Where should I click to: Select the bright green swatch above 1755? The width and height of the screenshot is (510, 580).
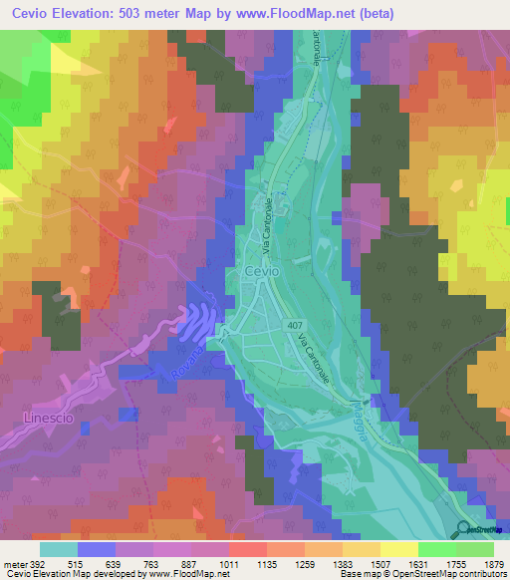437,549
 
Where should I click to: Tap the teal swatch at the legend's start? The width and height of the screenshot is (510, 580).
58,549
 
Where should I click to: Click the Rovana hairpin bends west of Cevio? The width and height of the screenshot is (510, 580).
199,322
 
